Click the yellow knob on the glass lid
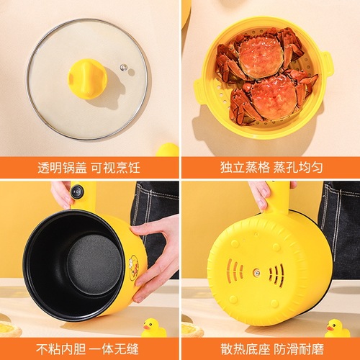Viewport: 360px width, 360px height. click(x=88, y=78)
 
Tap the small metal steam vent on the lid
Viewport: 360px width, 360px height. click(x=123, y=68)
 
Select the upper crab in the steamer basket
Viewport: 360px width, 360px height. click(x=261, y=57)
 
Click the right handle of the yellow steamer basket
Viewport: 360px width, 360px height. click(x=328, y=64)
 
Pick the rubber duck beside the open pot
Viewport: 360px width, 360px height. click(x=153, y=328)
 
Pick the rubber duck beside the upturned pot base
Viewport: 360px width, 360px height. click(x=337, y=328)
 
